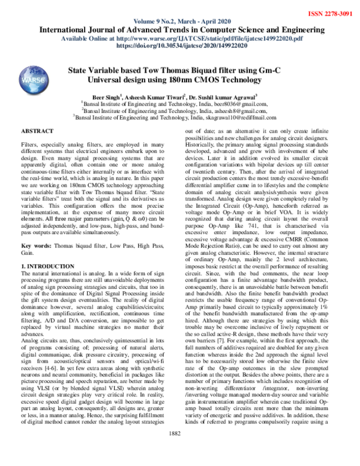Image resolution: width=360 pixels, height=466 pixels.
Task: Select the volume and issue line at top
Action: pyautogui.click(x=179, y=20)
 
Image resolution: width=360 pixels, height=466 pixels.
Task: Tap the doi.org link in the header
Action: pyautogui.click(x=179, y=45)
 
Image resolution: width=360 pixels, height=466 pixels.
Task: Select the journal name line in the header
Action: pyautogui.click(x=179, y=29)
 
